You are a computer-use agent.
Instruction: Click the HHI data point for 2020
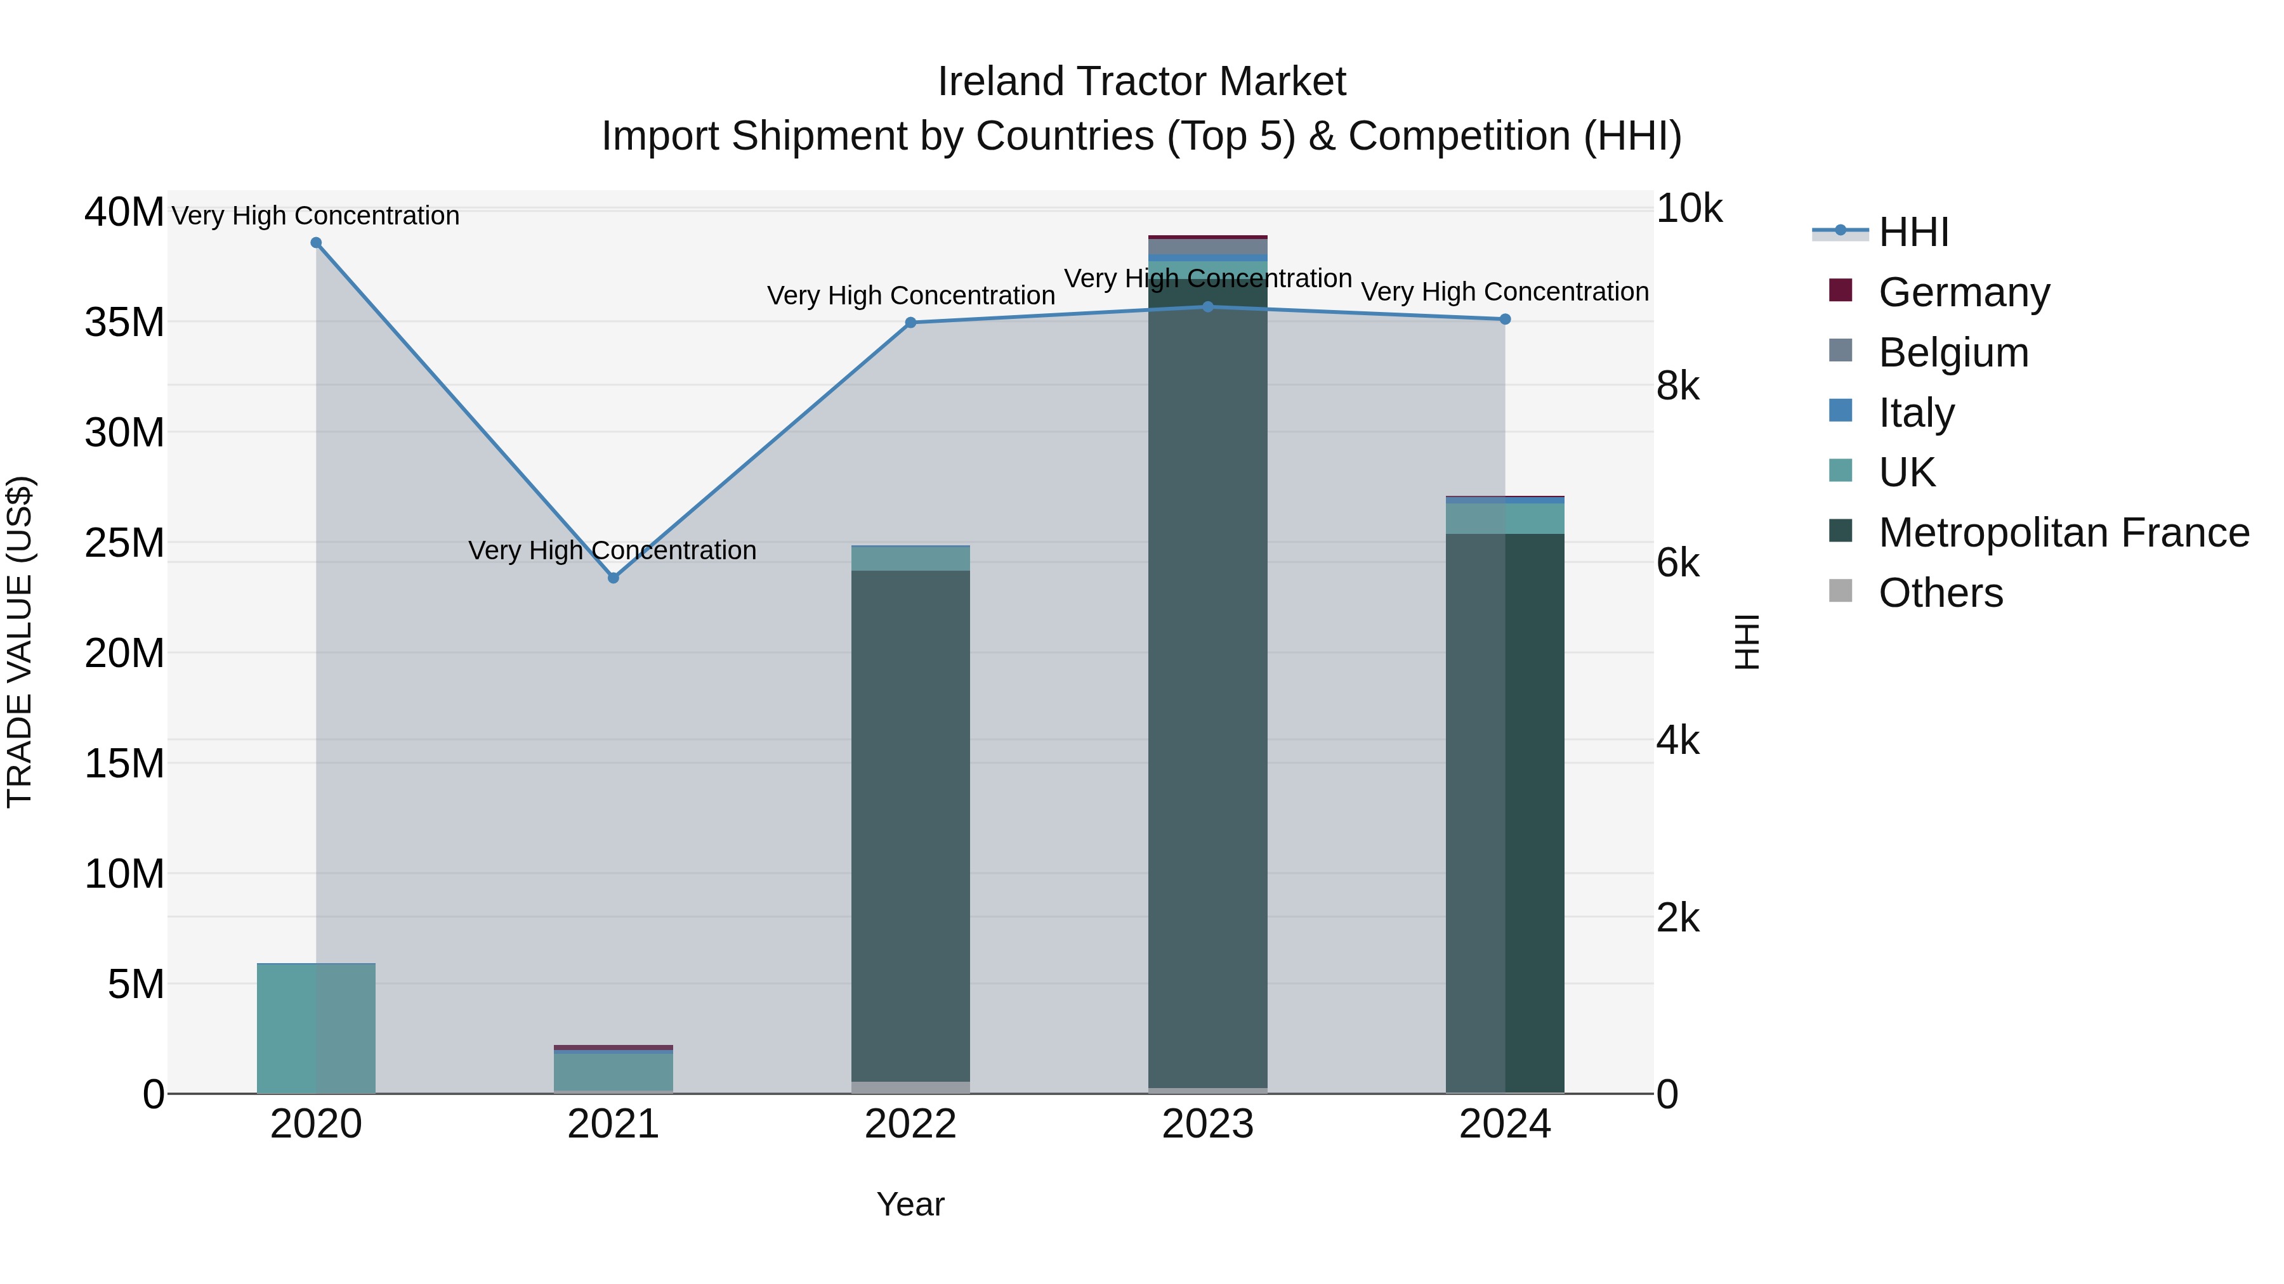point(316,243)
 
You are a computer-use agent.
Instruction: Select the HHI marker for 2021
point(613,578)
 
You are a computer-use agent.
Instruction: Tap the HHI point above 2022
point(910,323)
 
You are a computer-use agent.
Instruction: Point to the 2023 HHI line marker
point(1207,307)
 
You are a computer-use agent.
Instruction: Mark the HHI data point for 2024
point(1505,319)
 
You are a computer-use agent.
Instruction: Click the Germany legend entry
point(1963,292)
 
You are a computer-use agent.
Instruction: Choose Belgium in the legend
point(1952,353)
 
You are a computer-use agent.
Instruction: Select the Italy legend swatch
point(1841,411)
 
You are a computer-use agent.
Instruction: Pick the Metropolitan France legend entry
point(2063,533)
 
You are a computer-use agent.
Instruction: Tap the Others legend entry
point(1940,593)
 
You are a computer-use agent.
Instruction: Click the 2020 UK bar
point(316,1028)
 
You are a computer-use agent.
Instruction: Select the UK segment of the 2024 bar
point(1505,519)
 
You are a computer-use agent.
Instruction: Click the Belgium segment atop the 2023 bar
point(1207,247)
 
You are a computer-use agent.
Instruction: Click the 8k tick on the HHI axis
point(1677,386)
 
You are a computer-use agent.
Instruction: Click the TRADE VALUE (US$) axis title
point(20,642)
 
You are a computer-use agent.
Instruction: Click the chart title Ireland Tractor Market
point(1141,82)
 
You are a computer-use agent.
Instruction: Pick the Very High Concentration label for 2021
point(613,550)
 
